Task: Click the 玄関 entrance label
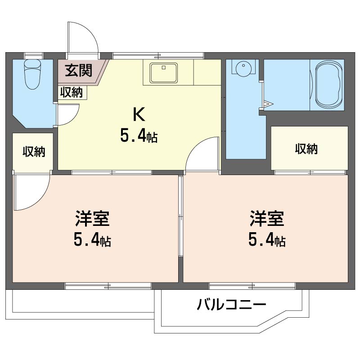[x=79, y=70]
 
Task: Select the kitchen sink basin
[x=163, y=72]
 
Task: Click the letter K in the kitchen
[x=138, y=115]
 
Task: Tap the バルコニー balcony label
[x=231, y=306]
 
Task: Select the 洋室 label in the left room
[x=92, y=219]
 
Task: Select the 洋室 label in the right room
[x=267, y=219]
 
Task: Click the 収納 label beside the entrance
[x=72, y=93]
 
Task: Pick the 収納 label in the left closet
[x=34, y=152]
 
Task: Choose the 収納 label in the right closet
[x=306, y=148]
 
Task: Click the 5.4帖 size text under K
[x=138, y=135]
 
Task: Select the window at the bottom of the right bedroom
[x=252, y=285]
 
